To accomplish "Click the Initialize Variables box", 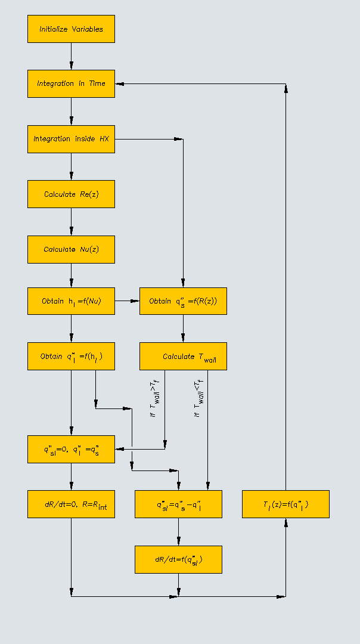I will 71,29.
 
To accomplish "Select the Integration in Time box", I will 71,83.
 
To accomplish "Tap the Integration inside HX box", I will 71,139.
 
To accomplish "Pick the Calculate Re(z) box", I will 71,194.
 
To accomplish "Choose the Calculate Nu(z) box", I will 71,249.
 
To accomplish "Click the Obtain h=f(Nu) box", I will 71,301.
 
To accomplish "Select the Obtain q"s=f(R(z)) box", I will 183,301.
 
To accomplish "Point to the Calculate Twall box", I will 183,356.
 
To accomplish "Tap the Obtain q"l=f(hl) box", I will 71,356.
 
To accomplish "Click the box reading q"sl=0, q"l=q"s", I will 71,449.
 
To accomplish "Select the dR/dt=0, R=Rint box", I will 71,504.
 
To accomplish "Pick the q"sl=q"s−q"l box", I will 178,504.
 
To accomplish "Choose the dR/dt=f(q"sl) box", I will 178,559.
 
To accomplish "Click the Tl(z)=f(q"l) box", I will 285,504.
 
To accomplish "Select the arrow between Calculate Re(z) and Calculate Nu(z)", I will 71,222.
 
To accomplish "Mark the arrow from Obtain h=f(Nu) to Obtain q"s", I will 127,301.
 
